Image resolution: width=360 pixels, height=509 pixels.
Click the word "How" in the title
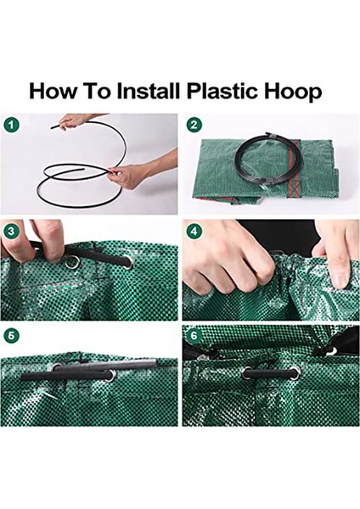coord(52,92)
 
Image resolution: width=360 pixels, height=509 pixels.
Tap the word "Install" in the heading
coord(148,91)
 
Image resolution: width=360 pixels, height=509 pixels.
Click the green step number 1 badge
coord(12,125)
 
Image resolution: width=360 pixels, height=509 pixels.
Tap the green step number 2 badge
coord(194,125)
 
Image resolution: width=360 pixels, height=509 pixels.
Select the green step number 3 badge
coord(12,232)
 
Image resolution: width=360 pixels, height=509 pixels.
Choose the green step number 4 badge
coord(194,232)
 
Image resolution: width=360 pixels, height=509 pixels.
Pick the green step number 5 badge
coord(12,336)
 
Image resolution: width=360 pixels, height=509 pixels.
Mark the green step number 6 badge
coord(194,336)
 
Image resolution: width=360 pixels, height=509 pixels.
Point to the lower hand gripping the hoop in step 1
coord(140,174)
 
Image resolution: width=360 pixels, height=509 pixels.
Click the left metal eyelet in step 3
coord(72,262)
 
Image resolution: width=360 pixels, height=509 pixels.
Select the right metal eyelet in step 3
coord(127,262)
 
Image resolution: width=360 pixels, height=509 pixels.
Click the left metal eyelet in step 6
coord(247,373)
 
